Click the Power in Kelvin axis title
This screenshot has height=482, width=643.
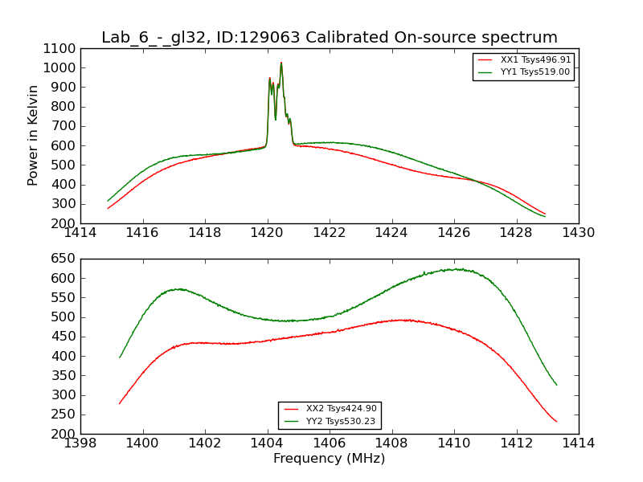click(33, 135)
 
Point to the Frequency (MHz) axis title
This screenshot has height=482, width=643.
click(329, 459)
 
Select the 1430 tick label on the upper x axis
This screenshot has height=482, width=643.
click(578, 233)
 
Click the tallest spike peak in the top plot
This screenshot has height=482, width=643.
click(281, 63)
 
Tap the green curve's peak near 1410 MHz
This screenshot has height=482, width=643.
click(456, 269)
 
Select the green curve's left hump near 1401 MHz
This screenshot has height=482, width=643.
click(178, 288)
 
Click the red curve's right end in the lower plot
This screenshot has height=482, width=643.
click(556, 422)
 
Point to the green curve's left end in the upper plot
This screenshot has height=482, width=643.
click(109, 201)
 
